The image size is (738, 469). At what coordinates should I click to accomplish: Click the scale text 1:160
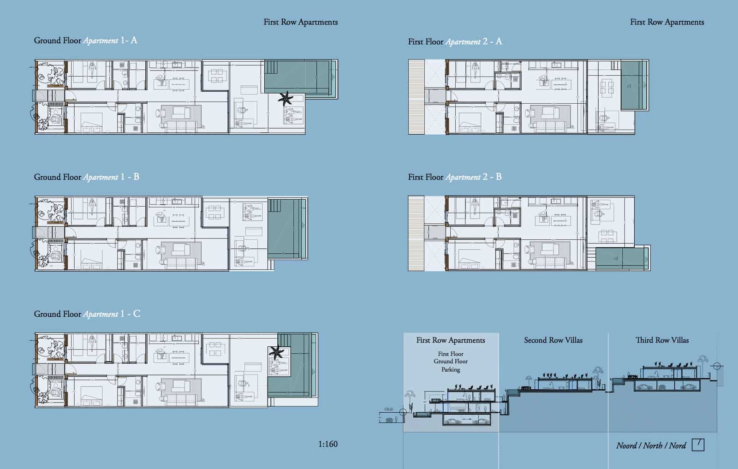(327, 444)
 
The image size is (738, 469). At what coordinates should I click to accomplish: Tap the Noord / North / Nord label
(651, 445)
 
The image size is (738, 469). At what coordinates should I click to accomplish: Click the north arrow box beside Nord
(698, 445)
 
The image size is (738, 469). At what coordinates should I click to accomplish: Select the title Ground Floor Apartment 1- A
(85, 40)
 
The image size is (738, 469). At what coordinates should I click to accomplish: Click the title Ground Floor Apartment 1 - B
(86, 177)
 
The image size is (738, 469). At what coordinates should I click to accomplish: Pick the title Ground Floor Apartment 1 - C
(87, 314)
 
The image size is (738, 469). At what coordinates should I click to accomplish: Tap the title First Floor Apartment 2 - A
(455, 42)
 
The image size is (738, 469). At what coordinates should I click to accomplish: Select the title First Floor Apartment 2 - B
(455, 177)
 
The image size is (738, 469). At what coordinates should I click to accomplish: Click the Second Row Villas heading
(553, 340)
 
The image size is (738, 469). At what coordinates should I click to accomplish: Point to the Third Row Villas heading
(662, 340)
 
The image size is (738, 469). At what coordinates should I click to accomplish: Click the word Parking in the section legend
(451, 369)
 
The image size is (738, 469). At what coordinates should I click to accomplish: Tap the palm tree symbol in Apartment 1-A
(286, 98)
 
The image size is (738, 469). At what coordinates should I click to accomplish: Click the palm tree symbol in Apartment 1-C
(277, 352)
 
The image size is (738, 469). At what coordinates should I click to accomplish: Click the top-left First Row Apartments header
(300, 22)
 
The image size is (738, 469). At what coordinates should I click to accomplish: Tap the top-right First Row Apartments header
(667, 22)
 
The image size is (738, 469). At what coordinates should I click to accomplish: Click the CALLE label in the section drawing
(388, 409)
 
